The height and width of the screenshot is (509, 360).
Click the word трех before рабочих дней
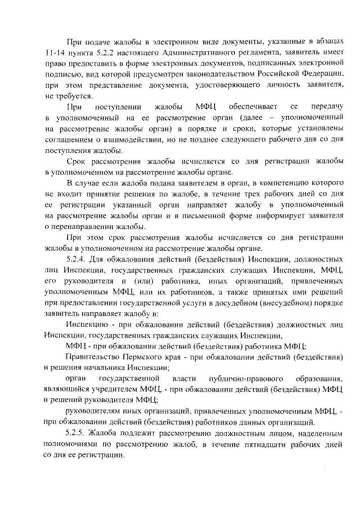pos(246,195)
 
